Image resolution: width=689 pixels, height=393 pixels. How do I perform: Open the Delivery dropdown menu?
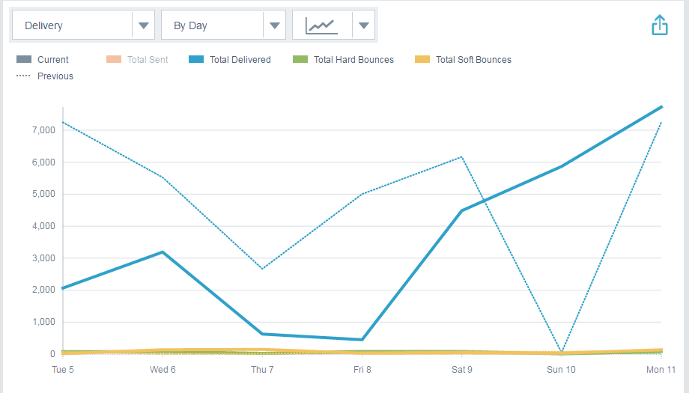(x=82, y=25)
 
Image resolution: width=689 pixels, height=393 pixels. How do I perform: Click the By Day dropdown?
(x=223, y=25)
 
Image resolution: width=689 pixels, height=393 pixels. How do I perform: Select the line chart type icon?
(x=321, y=25)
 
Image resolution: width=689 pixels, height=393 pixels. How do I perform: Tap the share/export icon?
(x=659, y=25)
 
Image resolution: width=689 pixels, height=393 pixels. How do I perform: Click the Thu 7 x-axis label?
(x=262, y=370)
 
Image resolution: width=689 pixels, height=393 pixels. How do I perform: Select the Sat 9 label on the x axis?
(x=462, y=370)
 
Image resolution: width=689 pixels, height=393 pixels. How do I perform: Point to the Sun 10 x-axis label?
(x=561, y=370)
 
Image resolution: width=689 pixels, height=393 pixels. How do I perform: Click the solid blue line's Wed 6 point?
(x=163, y=252)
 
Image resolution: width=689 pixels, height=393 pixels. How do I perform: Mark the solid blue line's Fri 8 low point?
(x=362, y=340)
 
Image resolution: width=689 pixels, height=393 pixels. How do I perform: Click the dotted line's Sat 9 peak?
(x=462, y=156)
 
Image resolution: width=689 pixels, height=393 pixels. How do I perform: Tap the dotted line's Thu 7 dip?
(x=262, y=269)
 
